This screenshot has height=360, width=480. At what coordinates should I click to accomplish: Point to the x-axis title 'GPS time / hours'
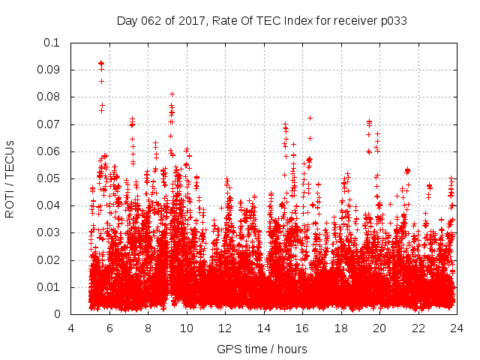coord(262,349)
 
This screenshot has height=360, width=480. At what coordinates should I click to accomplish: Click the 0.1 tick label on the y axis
coord(52,43)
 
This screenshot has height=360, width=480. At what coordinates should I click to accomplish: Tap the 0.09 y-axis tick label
coord(49,70)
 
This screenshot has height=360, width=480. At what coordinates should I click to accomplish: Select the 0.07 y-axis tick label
coord(49,124)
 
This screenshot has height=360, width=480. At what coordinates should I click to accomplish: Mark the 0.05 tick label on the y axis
coord(49,178)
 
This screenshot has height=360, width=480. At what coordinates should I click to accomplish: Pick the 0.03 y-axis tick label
coord(49,233)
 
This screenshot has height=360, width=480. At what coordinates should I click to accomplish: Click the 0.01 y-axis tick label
coord(49,287)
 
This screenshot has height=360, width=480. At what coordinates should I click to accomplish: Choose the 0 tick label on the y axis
coord(58,314)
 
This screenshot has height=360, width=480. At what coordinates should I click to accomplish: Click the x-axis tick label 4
coord(71,328)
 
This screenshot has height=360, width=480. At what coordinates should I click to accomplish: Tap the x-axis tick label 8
coord(148,328)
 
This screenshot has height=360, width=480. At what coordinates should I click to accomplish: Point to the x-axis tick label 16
coord(302,328)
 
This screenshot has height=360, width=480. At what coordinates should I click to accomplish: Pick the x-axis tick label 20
coord(379,328)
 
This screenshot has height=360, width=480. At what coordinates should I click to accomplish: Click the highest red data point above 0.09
coord(100,63)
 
